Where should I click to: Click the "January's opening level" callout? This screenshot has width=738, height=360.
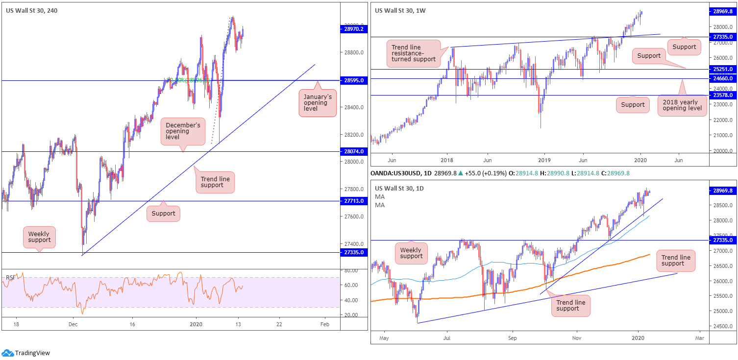tap(318, 102)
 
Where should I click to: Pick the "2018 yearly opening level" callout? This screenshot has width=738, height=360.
tap(682, 103)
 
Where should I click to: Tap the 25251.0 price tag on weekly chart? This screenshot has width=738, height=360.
tap(723, 69)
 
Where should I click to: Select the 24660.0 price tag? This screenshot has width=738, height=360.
tap(723, 78)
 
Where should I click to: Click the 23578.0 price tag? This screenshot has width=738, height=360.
tap(723, 96)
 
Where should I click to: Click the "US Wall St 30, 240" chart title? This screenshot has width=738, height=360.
tap(31, 10)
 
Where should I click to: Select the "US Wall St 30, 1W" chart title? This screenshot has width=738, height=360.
tap(400, 10)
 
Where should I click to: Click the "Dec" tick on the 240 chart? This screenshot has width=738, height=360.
tap(73, 324)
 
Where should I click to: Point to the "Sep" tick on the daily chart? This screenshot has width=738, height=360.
tap(512, 338)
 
